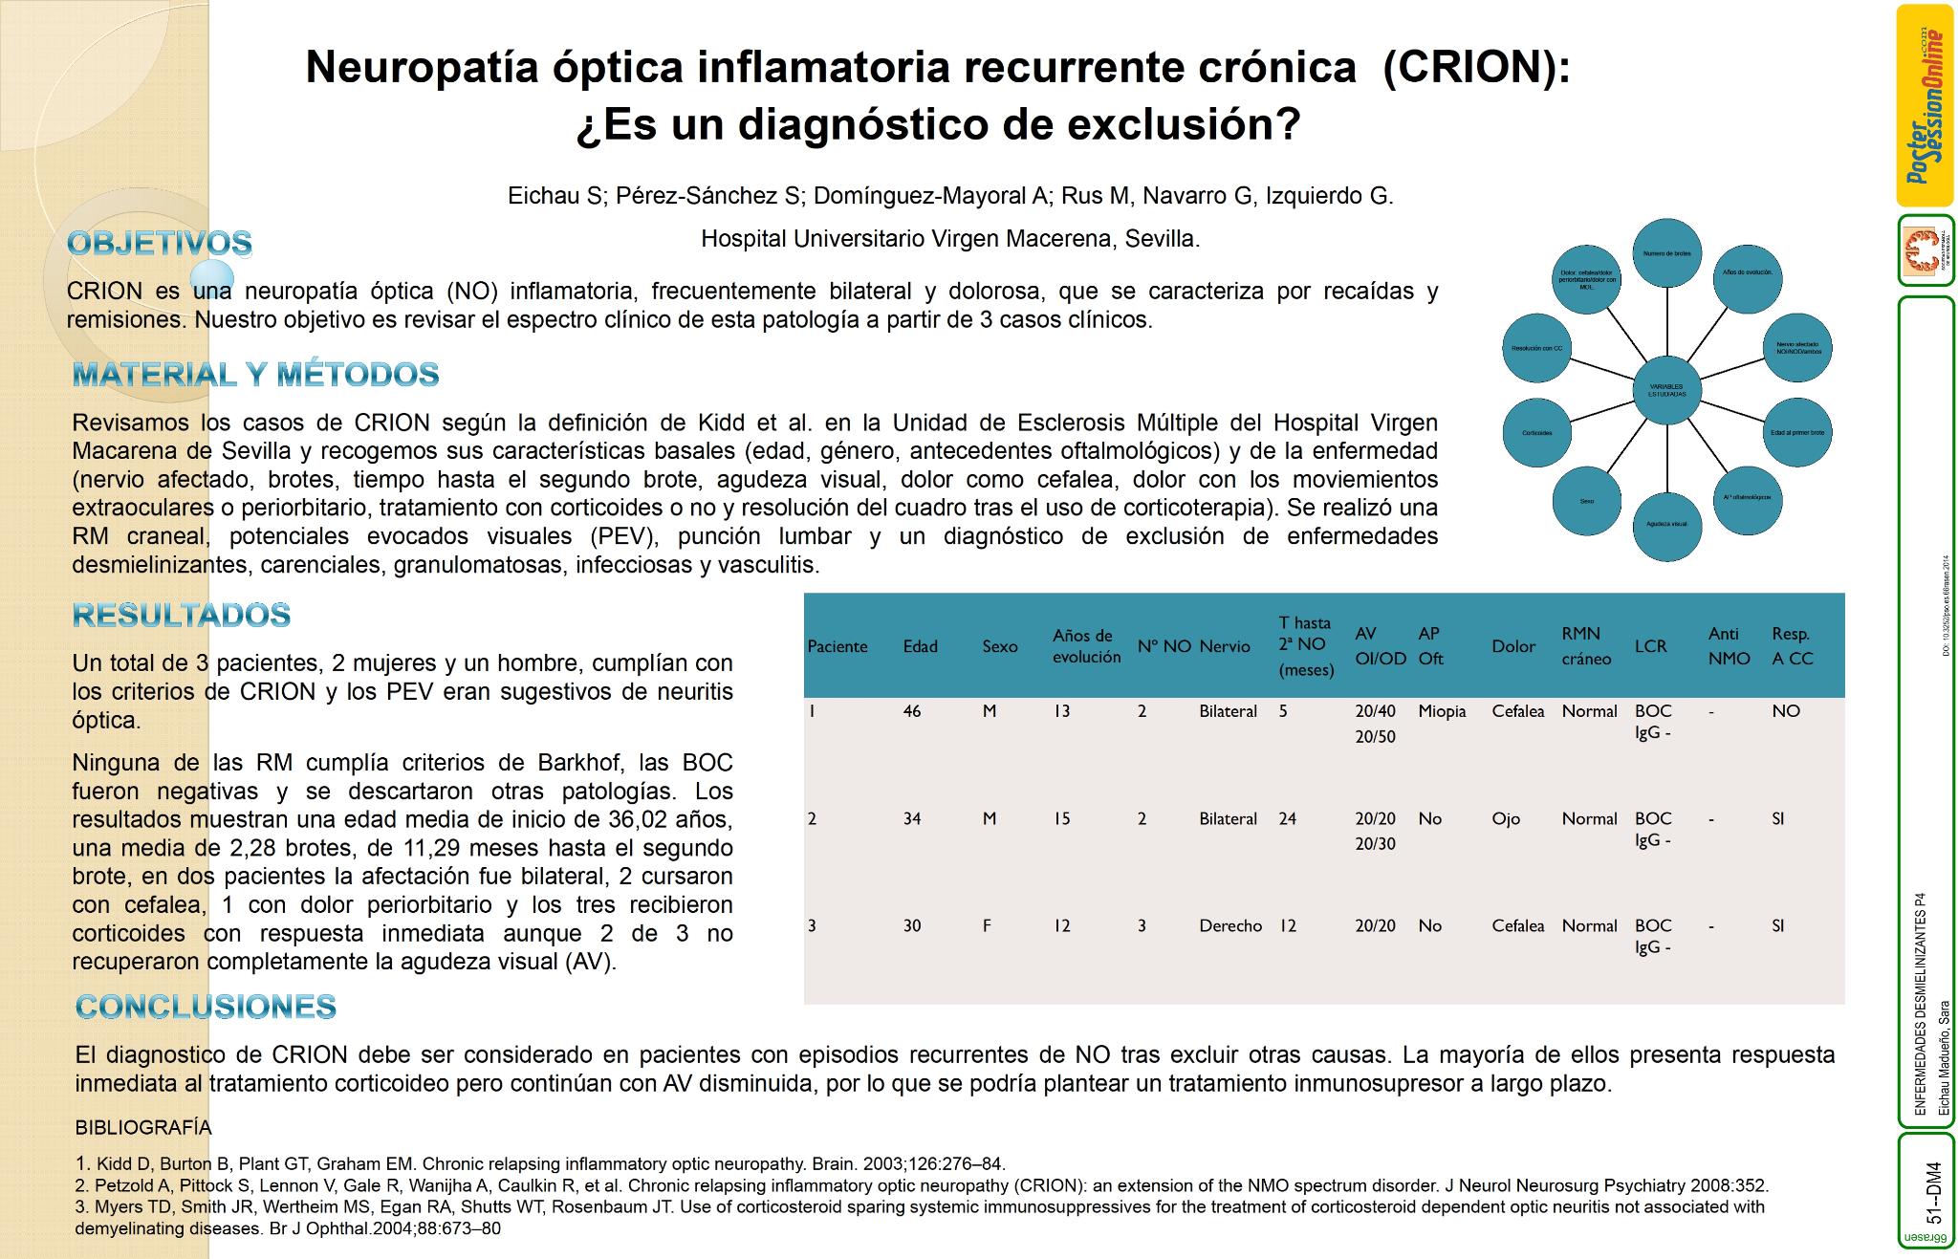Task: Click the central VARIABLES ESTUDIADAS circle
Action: (x=1667, y=390)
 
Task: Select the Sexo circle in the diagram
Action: (x=1587, y=501)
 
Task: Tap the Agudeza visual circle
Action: (x=1667, y=524)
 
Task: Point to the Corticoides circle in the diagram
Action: (x=1537, y=433)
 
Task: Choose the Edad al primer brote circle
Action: (x=1797, y=433)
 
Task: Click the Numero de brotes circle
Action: (x=1667, y=253)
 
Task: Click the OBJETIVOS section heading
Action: (x=160, y=243)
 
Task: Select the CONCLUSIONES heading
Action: (x=206, y=1006)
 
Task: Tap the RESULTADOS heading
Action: (x=182, y=615)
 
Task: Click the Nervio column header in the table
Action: (x=1225, y=646)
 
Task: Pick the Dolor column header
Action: (x=1513, y=646)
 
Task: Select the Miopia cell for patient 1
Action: (x=1442, y=711)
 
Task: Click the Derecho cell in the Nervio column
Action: (x=1230, y=925)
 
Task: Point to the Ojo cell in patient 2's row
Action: (x=1506, y=818)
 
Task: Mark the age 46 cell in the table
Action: (x=912, y=711)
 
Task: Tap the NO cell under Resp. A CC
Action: (x=1785, y=711)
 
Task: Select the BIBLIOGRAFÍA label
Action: (x=143, y=1127)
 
